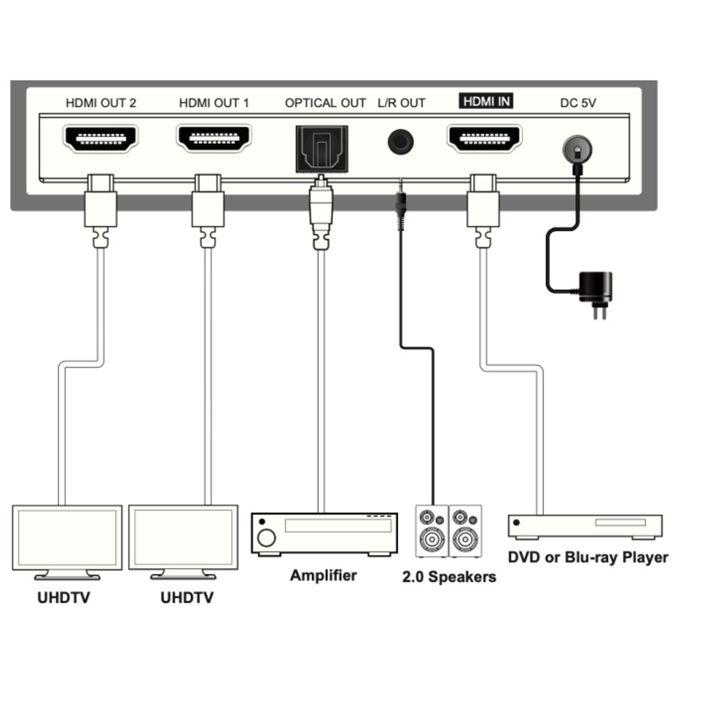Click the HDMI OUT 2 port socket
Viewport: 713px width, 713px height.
click(100, 138)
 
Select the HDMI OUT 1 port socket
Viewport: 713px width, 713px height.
click(214, 138)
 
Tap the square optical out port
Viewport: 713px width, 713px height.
click(322, 149)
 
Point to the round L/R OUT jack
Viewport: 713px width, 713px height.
click(401, 142)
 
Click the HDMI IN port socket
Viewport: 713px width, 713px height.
click(484, 138)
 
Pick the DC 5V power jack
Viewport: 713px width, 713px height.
click(578, 149)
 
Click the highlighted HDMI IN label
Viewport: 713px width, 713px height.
click(486, 101)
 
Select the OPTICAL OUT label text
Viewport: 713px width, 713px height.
click(325, 103)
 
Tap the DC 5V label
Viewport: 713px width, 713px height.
click(578, 103)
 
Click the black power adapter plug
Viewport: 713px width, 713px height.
click(595, 293)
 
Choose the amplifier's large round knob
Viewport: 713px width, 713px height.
click(266, 538)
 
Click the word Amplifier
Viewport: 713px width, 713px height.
click(323, 575)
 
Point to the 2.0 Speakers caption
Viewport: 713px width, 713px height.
click(449, 577)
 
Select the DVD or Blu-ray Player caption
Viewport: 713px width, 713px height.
click(588, 558)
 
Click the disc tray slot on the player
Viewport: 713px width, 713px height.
click(620, 523)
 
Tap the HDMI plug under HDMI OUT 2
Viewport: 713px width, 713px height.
click(101, 210)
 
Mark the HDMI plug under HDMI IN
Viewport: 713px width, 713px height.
click(483, 210)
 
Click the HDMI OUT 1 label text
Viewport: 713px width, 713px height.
click(214, 103)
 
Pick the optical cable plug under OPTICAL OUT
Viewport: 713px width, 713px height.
click(321, 212)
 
